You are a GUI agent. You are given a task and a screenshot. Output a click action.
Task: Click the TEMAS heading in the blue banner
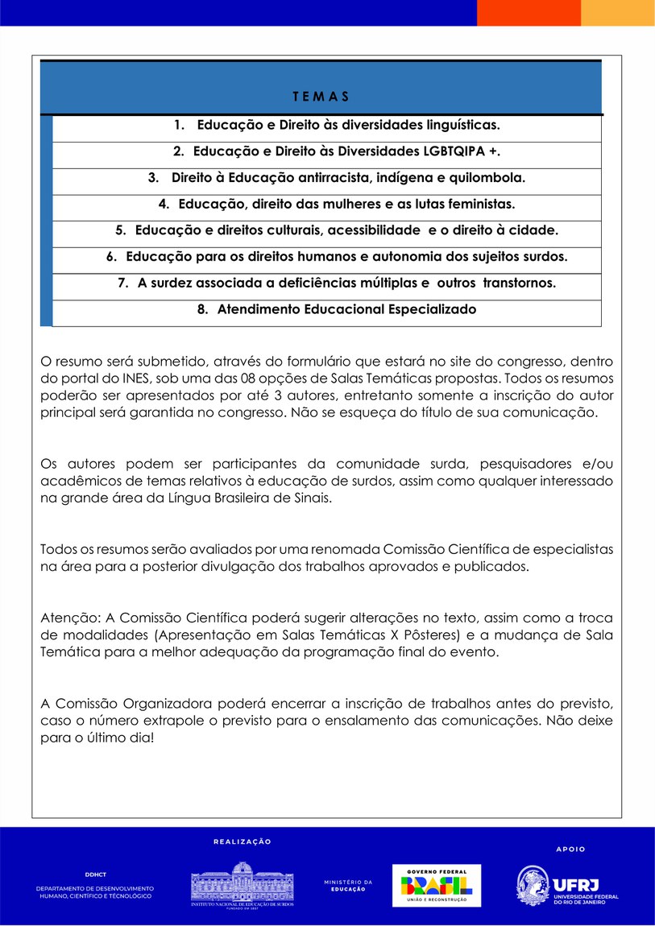321,97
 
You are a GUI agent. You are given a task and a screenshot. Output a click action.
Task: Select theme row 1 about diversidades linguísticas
337,126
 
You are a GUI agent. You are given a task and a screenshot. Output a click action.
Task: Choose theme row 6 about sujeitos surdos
337,257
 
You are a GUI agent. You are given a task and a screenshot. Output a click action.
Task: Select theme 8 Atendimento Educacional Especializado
337,309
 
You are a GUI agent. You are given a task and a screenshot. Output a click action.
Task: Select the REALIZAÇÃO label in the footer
242,841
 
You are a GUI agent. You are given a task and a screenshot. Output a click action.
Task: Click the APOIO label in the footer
570,849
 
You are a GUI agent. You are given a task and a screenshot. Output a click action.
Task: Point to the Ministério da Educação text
348,886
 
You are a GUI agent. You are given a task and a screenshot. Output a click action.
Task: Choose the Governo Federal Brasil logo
436,886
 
